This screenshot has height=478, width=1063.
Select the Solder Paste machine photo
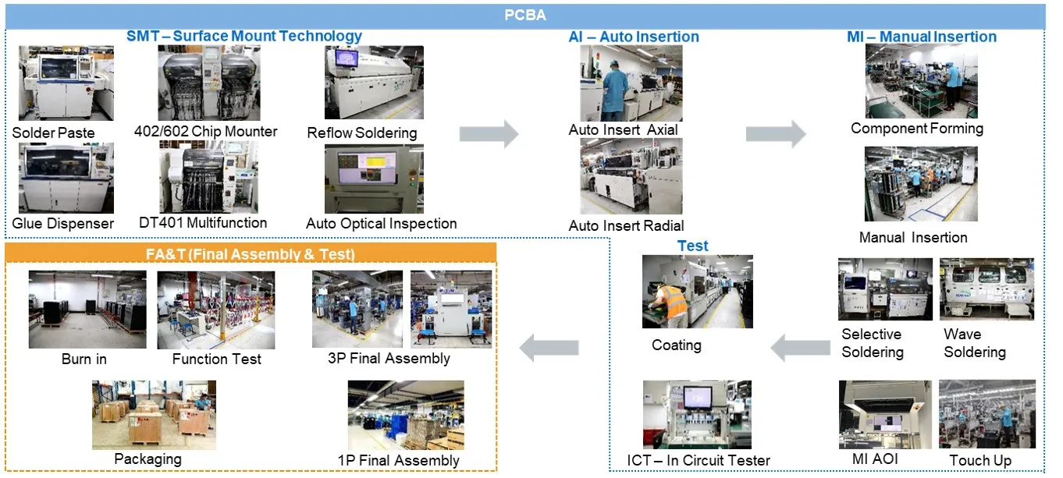66,83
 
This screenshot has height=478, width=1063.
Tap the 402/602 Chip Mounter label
216,131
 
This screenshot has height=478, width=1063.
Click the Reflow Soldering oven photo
374,82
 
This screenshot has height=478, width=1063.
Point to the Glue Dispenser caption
63,224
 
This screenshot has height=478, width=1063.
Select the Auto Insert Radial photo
631,177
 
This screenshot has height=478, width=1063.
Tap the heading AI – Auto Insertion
633,37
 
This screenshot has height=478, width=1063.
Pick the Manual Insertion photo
920,184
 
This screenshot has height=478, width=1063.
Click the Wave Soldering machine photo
987,289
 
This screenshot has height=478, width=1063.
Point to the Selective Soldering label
872,343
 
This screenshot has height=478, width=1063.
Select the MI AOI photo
884,414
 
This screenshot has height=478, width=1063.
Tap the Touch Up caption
980,460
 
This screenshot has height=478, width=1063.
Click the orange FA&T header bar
251,253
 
